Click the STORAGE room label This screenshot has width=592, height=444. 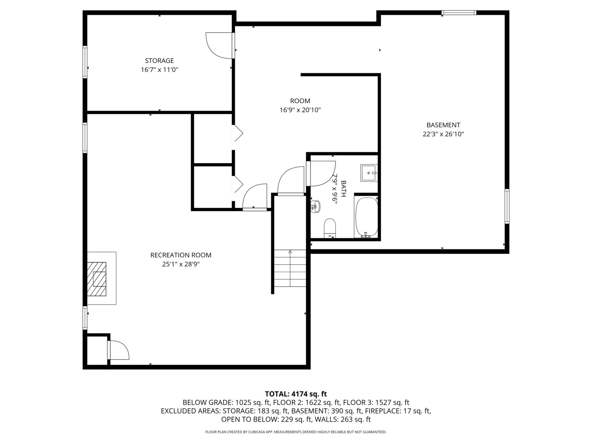click(x=159, y=61)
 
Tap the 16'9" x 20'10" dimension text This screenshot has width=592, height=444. click(x=300, y=110)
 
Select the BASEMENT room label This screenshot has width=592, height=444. click(x=443, y=125)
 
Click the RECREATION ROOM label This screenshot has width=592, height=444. click(x=180, y=255)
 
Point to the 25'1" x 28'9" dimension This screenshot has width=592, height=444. click(x=180, y=264)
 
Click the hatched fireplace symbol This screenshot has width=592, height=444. click(x=97, y=279)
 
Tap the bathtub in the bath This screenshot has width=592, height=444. click(x=366, y=217)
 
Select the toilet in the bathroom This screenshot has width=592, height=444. click(x=330, y=228)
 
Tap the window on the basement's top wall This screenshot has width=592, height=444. click(x=459, y=13)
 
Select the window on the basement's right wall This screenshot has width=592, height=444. click(x=507, y=206)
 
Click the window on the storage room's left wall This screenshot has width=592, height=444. click(x=85, y=62)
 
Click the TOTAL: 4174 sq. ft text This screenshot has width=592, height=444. click(x=296, y=394)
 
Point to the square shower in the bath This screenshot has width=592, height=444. click(x=369, y=173)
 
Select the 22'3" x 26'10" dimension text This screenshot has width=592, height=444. click(x=443, y=134)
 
